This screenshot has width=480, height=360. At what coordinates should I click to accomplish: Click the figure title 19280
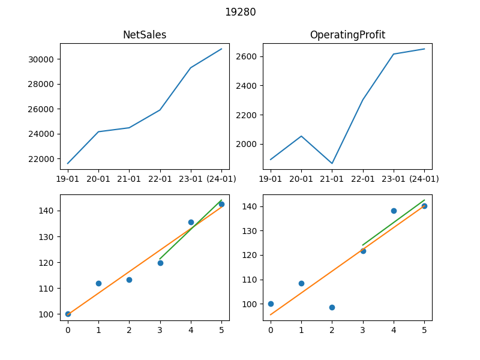pyautogui.click(x=241, y=12)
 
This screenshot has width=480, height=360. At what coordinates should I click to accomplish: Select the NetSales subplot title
pyautogui.click(x=145, y=35)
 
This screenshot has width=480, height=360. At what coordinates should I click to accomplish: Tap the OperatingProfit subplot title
pyautogui.click(x=347, y=35)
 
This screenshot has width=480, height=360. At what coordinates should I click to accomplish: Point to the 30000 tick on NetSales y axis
pyautogui.click(x=41, y=59)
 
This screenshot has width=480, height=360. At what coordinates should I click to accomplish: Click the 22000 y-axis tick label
pyautogui.click(x=41, y=159)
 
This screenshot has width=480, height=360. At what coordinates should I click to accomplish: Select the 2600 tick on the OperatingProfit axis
pyautogui.click(x=246, y=56)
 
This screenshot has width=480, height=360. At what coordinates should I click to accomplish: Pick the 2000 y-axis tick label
pyautogui.click(x=246, y=144)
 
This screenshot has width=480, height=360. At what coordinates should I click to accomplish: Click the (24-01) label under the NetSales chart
pyautogui.click(x=221, y=179)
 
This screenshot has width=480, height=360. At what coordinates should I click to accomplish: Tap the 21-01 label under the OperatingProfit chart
pyautogui.click(x=332, y=179)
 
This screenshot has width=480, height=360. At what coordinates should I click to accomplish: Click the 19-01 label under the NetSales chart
pyautogui.click(x=68, y=179)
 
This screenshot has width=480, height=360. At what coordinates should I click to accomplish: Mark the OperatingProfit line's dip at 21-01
pyautogui.click(x=332, y=163)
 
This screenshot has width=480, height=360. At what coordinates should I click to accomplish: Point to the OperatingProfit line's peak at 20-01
pyautogui.click(x=301, y=136)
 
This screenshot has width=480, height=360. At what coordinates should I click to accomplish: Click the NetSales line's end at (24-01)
pyautogui.click(x=221, y=49)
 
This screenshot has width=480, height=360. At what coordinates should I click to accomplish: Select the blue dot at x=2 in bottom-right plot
pyautogui.click(x=332, y=307)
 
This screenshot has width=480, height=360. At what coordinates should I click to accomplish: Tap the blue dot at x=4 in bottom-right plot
pyautogui.click(x=394, y=211)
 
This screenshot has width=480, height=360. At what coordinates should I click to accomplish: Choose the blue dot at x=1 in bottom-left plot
pyautogui.click(x=98, y=283)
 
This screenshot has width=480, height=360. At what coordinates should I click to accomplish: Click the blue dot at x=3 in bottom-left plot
pyautogui.click(x=160, y=263)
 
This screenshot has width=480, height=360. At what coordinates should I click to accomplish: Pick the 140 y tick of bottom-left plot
pyautogui.click(x=46, y=211)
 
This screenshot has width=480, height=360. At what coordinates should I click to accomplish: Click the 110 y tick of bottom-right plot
pyautogui.click(x=249, y=280)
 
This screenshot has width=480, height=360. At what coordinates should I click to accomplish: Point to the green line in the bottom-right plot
pyautogui.click(x=394, y=223)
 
